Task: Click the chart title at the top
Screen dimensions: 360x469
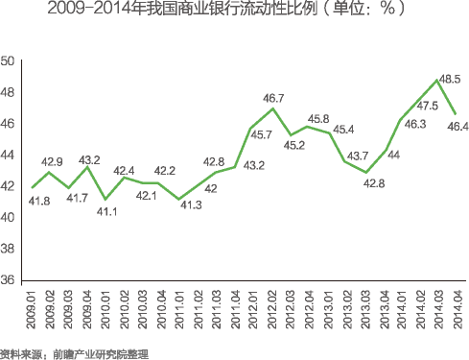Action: pos(233,11)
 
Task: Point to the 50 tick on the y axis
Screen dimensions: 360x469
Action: pos(9,61)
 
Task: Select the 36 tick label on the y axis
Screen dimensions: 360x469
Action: pos(9,279)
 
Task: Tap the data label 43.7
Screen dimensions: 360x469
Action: pos(357,156)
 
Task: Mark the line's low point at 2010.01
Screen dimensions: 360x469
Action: pos(106,199)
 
